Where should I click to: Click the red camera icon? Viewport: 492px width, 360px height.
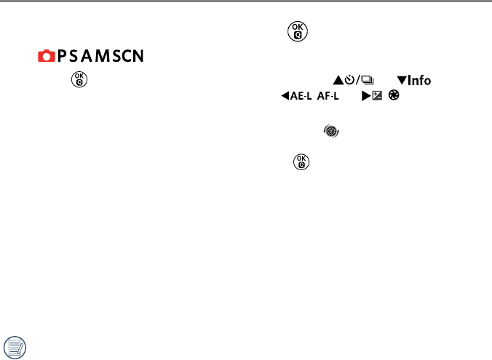(45, 56)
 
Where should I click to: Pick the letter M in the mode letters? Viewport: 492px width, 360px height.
(100, 56)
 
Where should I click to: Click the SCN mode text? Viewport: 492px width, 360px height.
(128, 56)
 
